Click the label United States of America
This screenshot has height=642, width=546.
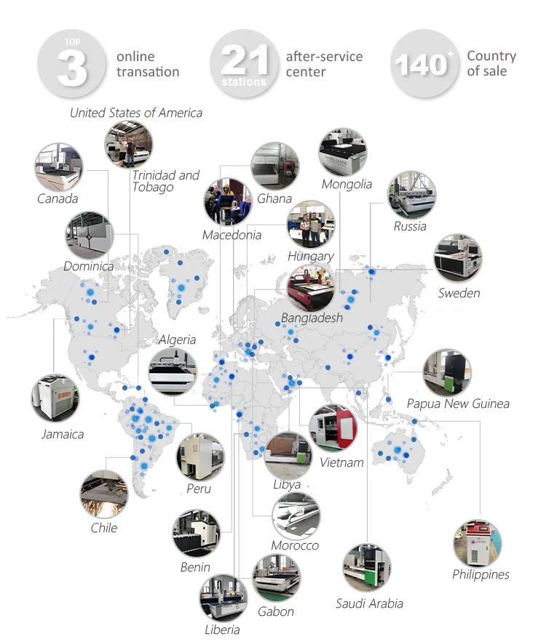tap(136, 113)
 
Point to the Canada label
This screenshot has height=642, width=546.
tap(58, 198)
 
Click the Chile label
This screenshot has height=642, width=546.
tap(103, 528)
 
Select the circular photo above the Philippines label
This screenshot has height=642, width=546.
tap(478, 542)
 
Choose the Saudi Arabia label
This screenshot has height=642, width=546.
tap(369, 603)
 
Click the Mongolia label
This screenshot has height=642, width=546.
tap(347, 184)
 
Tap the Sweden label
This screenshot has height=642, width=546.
tap(459, 293)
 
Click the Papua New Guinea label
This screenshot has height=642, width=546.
tap(458, 404)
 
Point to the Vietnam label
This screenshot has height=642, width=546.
tap(341, 462)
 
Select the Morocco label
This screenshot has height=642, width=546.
tap(295, 545)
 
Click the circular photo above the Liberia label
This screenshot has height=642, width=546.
tap(223, 598)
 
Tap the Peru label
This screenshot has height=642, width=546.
tap(198, 489)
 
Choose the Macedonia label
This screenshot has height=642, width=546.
tap(232, 235)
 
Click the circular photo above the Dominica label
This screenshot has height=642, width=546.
tap(88, 236)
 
